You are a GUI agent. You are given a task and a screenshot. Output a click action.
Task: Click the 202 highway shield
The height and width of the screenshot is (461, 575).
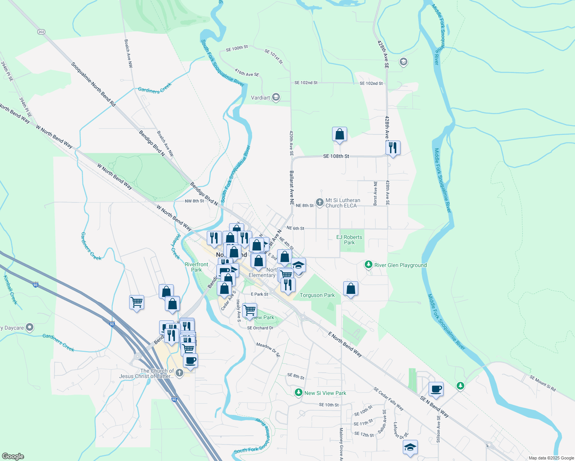(x=41, y=32)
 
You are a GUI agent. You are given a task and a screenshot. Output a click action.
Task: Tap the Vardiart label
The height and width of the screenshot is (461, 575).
(x=260, y=98)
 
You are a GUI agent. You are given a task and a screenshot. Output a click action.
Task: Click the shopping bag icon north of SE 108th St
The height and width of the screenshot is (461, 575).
(x=339, y=134)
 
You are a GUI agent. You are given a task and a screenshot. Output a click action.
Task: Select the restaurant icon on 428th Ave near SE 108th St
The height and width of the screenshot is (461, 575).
(x=392, y=148)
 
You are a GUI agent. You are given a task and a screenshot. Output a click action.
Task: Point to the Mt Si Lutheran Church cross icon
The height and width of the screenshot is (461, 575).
(x=319, y=202)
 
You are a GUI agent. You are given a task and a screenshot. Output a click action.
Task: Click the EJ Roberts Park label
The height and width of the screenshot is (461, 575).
(x=349, y=240)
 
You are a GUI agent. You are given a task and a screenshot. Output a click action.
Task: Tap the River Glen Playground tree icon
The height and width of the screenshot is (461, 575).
(x=369, y=265)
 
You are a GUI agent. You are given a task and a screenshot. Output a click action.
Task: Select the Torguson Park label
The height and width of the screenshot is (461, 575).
(x=317, y=295)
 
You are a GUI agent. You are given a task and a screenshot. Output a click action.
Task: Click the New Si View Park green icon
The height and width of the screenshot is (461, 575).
(x=299, y=393)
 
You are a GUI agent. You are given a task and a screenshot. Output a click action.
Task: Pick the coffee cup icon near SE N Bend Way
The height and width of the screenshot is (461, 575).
(x=436, y=390)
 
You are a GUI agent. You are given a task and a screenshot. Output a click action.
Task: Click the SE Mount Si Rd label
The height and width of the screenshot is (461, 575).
(x=542, y=383)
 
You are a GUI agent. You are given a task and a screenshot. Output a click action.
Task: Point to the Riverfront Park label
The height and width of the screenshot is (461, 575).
(x=196, y=267)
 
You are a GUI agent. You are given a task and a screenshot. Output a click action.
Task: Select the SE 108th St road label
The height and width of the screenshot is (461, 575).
(x=336, y=156)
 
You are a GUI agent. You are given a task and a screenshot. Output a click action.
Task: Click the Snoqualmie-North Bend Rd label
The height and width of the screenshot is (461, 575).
(x=93, y=85)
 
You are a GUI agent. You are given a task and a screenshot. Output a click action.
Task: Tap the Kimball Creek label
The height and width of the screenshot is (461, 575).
(x=10, y=290)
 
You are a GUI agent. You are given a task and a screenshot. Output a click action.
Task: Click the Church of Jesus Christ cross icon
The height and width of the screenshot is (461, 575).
(x=179, y=372)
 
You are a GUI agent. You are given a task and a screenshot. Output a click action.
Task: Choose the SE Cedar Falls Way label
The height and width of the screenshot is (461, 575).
(x=388, y=399)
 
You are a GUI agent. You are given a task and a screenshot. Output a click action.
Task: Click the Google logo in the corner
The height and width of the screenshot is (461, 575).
(x=13, y=456)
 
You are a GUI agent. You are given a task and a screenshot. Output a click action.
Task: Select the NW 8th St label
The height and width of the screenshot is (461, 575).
(x=194, y=201)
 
